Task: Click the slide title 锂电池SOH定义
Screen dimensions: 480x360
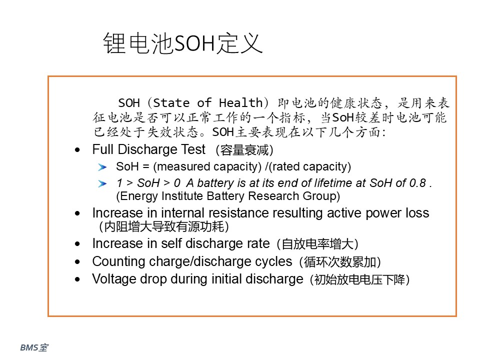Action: (183, 43)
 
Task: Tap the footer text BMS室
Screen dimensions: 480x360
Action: (34, 347)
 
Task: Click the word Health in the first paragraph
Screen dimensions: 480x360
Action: (241, 103)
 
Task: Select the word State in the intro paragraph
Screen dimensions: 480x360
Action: (171, 103)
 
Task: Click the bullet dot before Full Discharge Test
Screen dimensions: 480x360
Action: (77, 150)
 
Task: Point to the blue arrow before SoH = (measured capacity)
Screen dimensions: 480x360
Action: (102, 167)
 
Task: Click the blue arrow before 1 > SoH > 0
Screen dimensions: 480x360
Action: (102, 183)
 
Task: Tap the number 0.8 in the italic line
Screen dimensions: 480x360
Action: (417, 183)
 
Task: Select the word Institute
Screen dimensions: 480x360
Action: (182, 196)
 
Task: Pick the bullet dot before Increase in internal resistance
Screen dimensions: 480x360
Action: (77, 213)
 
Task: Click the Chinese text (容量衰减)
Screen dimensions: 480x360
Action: (244, 150)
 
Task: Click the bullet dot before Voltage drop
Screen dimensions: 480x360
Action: (77, 279)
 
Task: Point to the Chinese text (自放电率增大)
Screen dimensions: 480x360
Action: (317, 244)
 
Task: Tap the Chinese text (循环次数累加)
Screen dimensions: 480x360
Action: (340, 261)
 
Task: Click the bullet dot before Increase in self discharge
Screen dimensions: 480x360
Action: (77, 244)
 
